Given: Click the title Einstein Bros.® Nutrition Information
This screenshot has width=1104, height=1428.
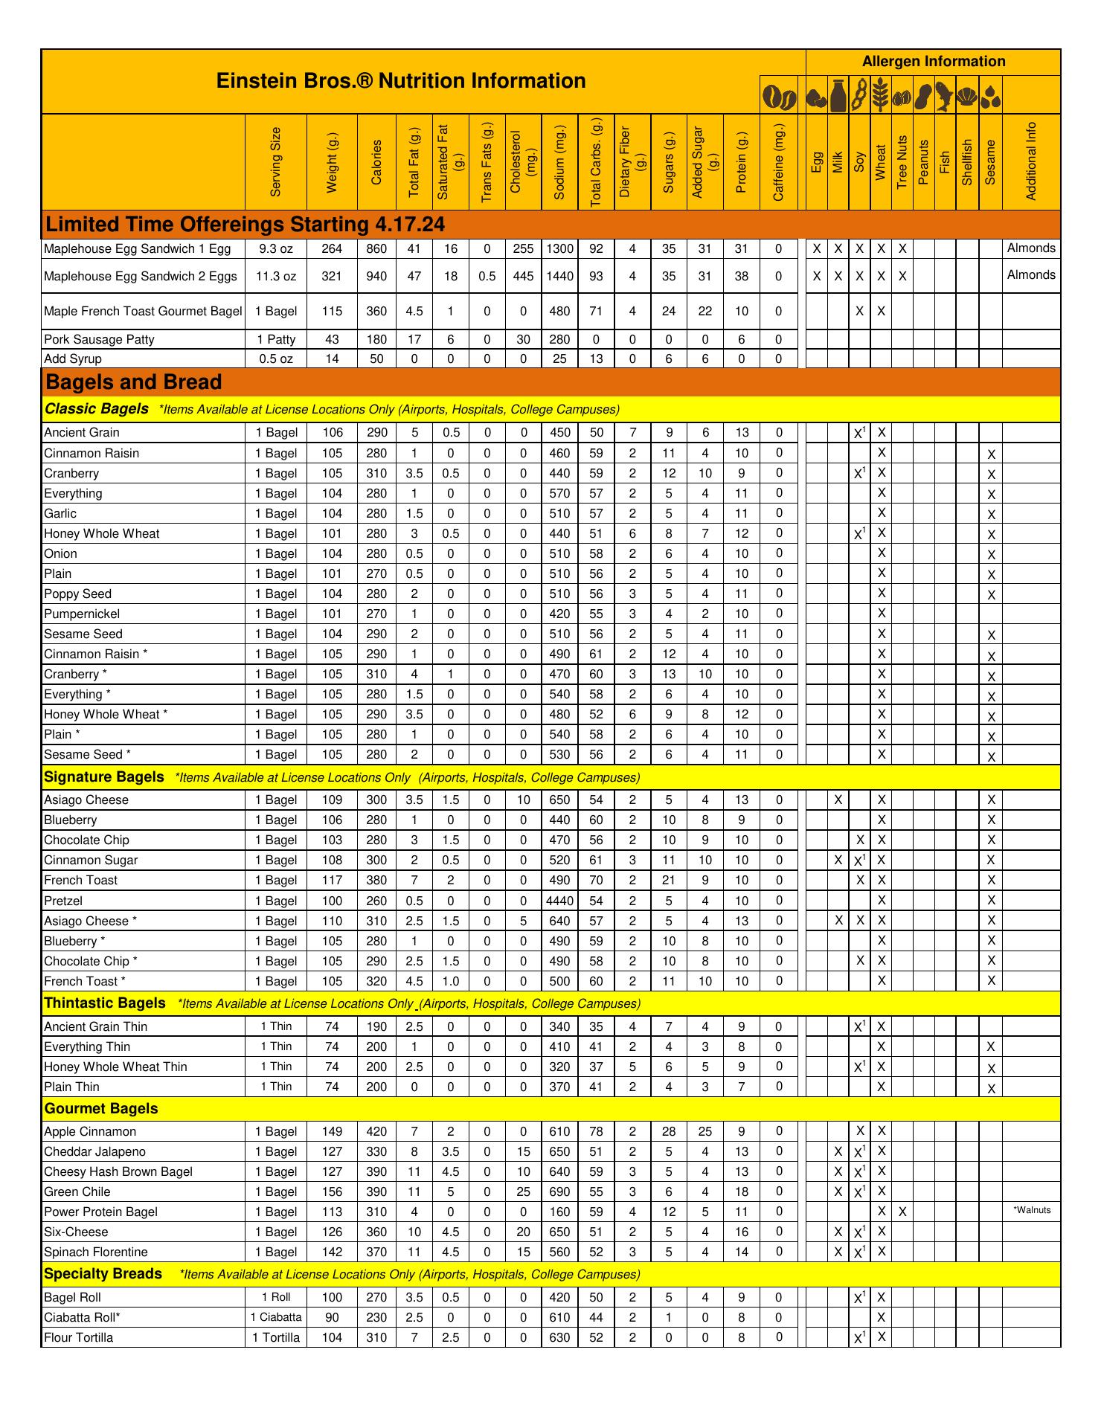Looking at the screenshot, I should coord(401,81).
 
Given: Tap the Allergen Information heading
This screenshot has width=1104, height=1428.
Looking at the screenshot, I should coord(933,62).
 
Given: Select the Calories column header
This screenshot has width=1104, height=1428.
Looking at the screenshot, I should coord(376,161).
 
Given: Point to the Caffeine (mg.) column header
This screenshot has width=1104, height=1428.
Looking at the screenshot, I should coord(778,161).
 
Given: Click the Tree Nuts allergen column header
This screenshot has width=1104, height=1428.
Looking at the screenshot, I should coord(902,161).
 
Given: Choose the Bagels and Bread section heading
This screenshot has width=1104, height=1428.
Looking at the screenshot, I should coord(134,382).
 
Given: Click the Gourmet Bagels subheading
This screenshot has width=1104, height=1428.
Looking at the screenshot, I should coord(101,1109).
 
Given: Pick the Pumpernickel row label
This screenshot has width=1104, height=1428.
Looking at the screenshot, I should coord(82,614).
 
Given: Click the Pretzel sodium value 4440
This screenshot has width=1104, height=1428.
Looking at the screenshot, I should coord(559,901).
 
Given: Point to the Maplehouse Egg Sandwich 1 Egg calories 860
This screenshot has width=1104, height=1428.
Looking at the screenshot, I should coord(376,249).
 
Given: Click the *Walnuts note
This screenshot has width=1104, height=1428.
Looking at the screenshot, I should coord(1032,1210).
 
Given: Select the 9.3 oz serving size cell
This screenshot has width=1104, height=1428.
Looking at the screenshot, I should coord(276,249).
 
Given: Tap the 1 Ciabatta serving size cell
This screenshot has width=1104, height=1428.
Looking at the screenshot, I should coord(276,1317).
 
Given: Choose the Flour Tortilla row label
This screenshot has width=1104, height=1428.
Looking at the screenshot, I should coord(79,1337).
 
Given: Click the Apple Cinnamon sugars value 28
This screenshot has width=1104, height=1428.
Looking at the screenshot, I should coord(669,1132).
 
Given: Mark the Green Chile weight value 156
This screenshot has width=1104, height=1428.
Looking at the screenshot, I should coord(332,1192).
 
